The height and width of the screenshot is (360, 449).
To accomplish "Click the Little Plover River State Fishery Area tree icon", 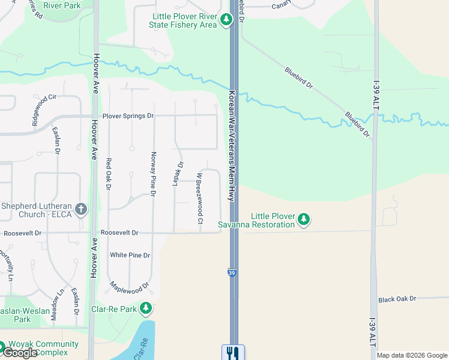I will (x=226, y=20).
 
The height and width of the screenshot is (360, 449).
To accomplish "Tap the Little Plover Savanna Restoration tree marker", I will (x=304, y=220).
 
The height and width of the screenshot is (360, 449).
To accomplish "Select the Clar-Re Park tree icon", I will (x=145, y=309).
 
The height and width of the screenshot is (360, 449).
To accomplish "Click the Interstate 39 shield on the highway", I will (x=232, y=273).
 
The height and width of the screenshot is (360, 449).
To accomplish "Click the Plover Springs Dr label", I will (x=128, y=115).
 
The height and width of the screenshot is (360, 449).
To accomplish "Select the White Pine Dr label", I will (x=130, y=255).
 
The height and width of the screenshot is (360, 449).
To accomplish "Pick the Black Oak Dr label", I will (x=397, y=299).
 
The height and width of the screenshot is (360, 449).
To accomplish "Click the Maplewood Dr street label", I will (x=129, y=289).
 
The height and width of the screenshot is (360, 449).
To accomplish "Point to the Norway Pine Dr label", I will (x=153, y=174).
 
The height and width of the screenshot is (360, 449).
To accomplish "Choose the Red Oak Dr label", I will (x=109, y=174).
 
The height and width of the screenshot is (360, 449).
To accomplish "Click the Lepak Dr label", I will (x=178, y=173).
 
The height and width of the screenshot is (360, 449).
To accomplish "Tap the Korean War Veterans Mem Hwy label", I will (x=231, y=146).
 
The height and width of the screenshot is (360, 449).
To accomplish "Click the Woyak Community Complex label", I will (x=42, y=348).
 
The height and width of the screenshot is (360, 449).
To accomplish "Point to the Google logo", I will (x=20, y=353).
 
